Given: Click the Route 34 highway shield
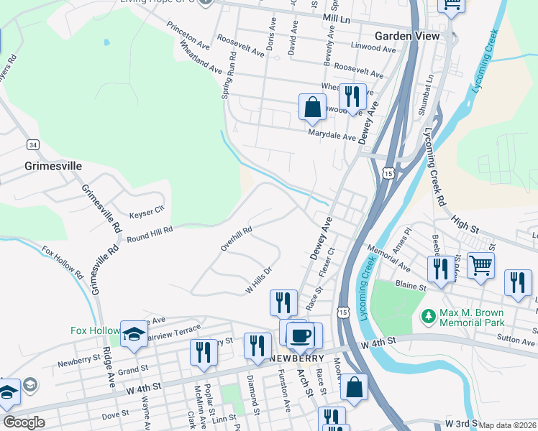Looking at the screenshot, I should pos(33,144).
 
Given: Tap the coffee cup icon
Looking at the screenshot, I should pos(299,335).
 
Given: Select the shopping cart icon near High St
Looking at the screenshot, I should pos(480,264).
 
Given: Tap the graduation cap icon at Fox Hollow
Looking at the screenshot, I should pos(134,333).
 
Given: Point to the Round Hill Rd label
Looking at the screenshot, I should pos(150,234).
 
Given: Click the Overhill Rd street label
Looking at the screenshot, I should pos(236,240).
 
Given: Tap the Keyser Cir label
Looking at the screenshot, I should pos(147,213).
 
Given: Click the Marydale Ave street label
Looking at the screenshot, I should pos(332,136).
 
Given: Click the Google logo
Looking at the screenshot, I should pos(24,422).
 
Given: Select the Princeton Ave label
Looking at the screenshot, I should pos(187,42).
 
